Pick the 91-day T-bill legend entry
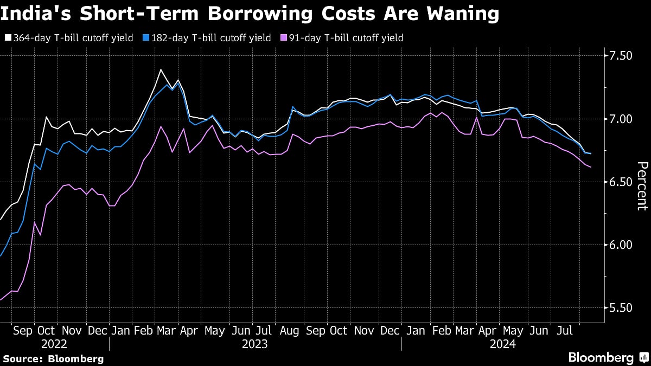coord(342,38)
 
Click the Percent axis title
coord(641,185)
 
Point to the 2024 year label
coord(502,344)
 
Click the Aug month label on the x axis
coord(289,330)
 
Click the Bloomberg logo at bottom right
coord(608,357)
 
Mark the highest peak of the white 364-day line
coord(161,69)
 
